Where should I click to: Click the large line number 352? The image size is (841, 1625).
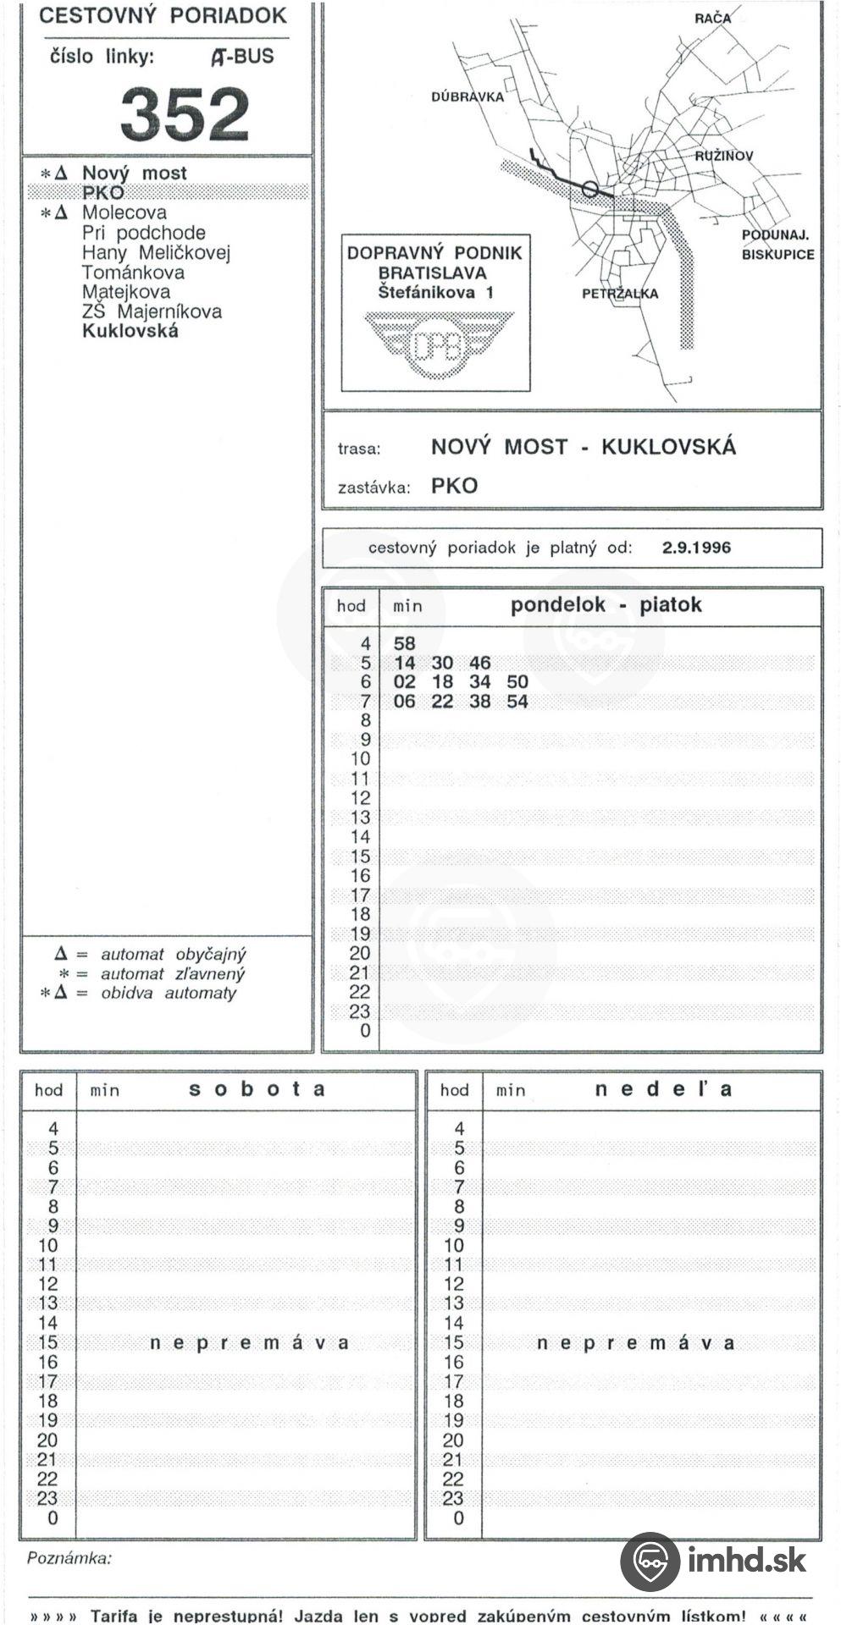click(185, 114)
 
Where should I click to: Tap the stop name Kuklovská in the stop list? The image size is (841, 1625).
click(130, 331)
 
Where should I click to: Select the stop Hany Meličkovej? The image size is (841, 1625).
click(156, 252)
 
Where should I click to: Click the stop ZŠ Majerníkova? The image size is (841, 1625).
click(152, 311)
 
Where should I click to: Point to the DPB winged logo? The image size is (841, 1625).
click(437, 345)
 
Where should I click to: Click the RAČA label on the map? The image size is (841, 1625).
click(711, 19)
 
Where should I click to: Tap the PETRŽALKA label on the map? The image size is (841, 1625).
click(619, 294)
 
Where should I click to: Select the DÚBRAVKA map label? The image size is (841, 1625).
click(467, 97)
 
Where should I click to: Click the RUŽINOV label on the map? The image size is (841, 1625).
click(723, 157)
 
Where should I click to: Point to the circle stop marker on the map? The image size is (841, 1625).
click(590, 190)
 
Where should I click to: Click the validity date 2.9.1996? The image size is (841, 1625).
click(696, 548)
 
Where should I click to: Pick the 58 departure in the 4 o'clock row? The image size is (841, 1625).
click(405, 643)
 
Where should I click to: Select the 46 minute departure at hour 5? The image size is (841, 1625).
click(479, 663)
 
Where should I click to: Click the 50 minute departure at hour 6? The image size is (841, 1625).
click(517, 682)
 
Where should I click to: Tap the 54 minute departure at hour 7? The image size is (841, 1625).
click(517, 702)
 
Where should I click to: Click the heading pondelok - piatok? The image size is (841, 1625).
click(606, 605)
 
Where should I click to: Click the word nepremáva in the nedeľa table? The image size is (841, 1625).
click(635, 1343)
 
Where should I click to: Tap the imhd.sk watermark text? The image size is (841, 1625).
click(746, 1559)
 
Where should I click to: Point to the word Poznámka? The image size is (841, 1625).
click(69, 1558)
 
